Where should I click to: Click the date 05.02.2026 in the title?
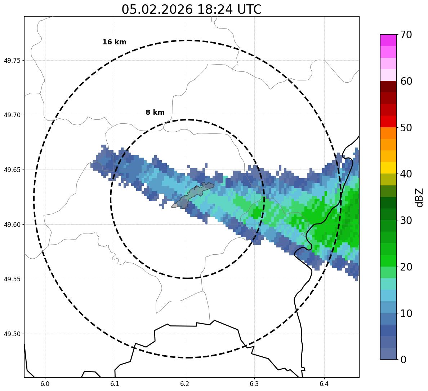(157, 9)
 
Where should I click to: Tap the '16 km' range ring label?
(114, 42)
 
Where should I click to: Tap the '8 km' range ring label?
(155, 113)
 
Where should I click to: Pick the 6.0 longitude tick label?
(45, 383)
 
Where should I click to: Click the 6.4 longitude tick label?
(324, 383)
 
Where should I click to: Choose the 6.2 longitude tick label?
(185, 383)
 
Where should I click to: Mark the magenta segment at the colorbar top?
(388, 40)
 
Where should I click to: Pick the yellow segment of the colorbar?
(388, 168)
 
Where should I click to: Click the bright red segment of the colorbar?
(388, 122)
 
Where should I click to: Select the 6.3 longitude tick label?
(254, 383)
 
